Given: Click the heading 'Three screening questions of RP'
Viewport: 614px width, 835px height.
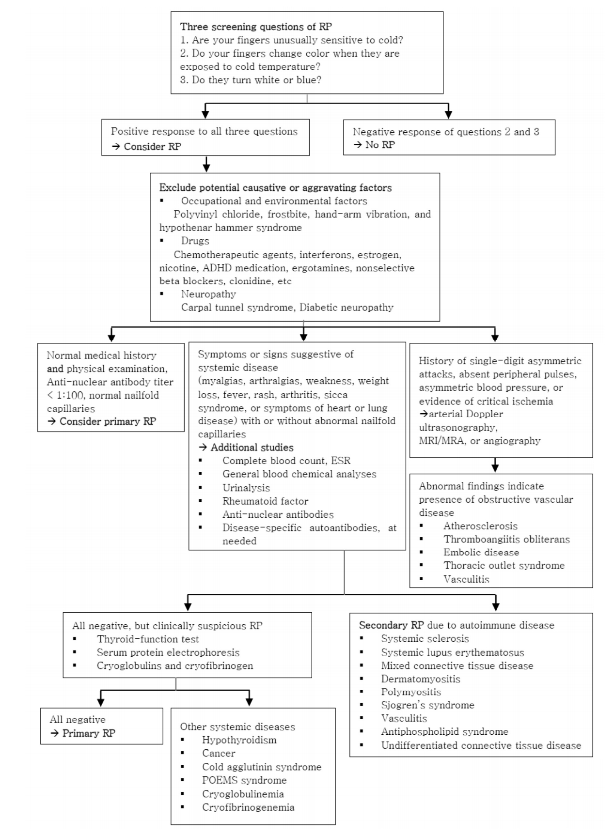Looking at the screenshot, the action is pyautogui.click(x=256, y=27).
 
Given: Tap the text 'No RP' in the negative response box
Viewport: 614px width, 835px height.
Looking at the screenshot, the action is pyautogui.click(x=380, y=145).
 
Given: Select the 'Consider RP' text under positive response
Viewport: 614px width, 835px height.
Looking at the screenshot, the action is pyautogui.click(x=153, y=146).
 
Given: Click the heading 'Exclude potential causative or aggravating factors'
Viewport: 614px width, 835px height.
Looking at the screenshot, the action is pyautogui.click(x=275, y=188).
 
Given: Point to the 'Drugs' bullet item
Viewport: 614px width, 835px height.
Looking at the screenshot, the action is pyautogui.click(x=195, y=241).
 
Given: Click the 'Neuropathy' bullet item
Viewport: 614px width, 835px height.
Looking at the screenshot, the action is pyautogui.click(x=208, y=294).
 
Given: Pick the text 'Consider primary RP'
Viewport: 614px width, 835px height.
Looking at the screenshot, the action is pyautogui.click(x=108, y=421).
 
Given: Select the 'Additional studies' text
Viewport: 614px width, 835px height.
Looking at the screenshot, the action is pyautogui.click(x=252, y=448).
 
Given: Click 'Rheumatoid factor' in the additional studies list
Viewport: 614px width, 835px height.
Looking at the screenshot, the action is pyautogui.click(x=265, y=501).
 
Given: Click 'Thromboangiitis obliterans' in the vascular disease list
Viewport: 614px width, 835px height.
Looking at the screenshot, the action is pyautogui.click(x=506, y=540).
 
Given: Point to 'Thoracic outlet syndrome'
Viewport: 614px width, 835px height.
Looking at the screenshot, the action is pyautogui.click(x=504, y=565).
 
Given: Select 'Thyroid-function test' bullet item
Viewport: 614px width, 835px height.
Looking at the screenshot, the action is pyautogui.click(x=148, y=639).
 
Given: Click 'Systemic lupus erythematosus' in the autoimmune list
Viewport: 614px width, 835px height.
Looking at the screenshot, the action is pyautogui.click(x=453, y=652).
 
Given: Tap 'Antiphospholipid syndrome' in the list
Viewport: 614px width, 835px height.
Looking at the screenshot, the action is pyautogui.click(x=445, y=731).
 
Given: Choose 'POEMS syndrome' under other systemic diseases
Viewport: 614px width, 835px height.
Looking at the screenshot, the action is pyautogui.click(x=244, y=780).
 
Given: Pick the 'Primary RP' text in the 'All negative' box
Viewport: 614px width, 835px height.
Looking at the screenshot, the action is pyautogui.click(x=89, y=733).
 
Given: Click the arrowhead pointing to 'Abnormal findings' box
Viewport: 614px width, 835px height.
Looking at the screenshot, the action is pyautogui.click(x=495, y=467).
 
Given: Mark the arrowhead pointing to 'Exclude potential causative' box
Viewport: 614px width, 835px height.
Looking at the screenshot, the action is pyautogui.click(x=206, y=168).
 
